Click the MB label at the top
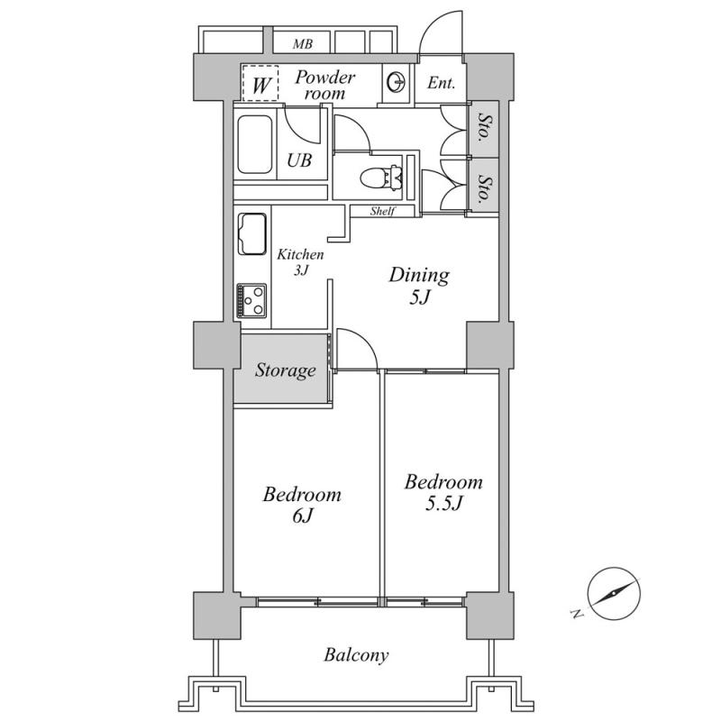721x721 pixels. pos(303,44)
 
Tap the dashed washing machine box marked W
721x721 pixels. pos(260,83)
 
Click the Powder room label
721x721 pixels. pos(324,85)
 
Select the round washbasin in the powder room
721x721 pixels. pos(397,83)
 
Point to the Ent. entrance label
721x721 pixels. pos(441,83)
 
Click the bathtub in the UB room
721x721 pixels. pos(254,144)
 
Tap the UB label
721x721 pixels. pos(299,160)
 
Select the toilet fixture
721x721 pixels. pos(381,178)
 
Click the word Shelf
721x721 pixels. pos(382,211)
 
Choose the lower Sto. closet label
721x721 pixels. pos(484,187)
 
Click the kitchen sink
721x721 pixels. pos(252,234)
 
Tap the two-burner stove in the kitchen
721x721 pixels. pos(251,301)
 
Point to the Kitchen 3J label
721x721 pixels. pos(300,262)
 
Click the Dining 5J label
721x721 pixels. pos(419,286)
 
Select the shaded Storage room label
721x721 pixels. pos(286,370)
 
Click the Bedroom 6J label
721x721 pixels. pos(302,505)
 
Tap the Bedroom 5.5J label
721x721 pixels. pos(443,492)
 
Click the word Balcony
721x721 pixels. pos(356,655)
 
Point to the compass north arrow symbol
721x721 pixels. pos(614,593)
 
